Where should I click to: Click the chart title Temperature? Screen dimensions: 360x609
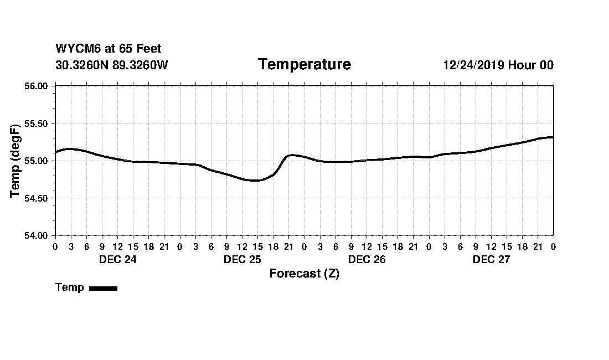[304, 65]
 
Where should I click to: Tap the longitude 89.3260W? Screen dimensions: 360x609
[140, 65]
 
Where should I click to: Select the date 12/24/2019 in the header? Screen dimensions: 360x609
[473, 65]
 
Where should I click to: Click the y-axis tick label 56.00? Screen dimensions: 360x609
[36, 86]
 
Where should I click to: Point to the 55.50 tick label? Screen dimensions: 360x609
[36, 123]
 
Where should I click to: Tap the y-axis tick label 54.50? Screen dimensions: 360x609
[36, 198]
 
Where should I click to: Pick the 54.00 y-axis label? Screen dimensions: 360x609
[36, 235]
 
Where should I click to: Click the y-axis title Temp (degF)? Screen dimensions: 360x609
[16, 161]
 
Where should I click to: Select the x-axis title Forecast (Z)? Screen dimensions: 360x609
[304, 274]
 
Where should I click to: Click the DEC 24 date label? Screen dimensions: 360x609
[117, 259]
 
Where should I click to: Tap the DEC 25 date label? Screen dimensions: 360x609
[242, 259]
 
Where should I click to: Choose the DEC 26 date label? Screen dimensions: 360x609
[367, 259]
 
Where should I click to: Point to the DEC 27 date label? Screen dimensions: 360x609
[491, 259]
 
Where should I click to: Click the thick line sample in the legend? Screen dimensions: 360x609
[103, 288]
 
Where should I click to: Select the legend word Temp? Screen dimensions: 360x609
[70, 287]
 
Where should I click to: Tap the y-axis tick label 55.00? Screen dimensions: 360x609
[36, 161]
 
